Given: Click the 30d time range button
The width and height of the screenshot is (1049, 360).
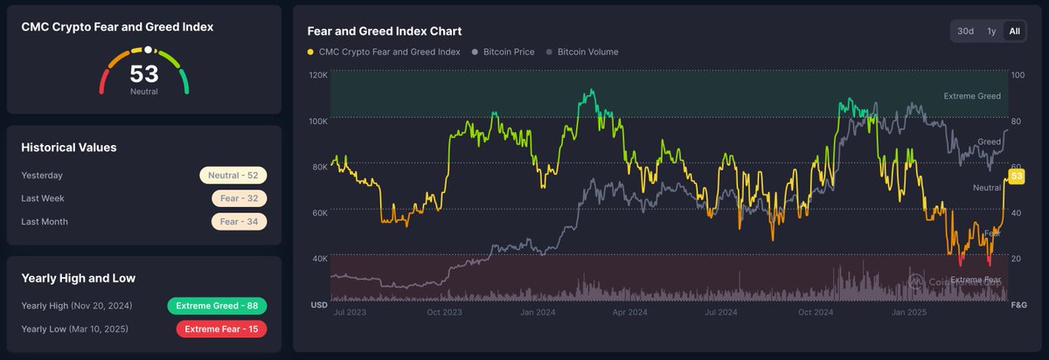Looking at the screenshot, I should (965, 31).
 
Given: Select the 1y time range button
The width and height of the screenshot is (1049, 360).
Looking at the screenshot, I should (991, 31).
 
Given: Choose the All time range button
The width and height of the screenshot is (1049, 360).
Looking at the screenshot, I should (1014, 31).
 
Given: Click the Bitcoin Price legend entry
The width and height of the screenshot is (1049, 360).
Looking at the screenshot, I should (503, 52).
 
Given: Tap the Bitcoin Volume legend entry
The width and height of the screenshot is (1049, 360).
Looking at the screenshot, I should (582, 52).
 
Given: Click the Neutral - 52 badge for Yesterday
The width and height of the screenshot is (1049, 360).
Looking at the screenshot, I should (233, 176).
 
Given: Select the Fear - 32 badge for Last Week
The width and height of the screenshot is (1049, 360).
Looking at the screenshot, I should (239, 198).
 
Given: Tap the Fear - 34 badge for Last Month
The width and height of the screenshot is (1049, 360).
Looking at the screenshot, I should (239, 222).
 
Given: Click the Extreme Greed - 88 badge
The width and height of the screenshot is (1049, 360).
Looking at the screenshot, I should (217, 306).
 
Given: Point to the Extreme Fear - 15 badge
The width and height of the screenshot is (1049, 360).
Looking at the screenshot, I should (221, 329).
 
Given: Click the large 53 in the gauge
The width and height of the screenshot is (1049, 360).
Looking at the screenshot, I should (144, 73).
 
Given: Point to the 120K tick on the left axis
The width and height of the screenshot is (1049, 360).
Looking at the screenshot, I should (318, 76).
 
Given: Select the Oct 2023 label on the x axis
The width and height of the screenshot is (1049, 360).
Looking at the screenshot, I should (445, 311).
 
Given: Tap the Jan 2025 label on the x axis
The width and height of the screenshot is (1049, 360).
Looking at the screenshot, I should (909, 311).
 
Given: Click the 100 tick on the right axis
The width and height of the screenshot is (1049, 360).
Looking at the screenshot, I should (1018, 76).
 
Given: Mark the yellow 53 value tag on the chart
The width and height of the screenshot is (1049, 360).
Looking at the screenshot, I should (1017, 177).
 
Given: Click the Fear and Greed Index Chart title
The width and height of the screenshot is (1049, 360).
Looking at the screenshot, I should (385, 31).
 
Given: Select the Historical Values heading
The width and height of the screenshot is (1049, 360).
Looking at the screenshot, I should (69, 148).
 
